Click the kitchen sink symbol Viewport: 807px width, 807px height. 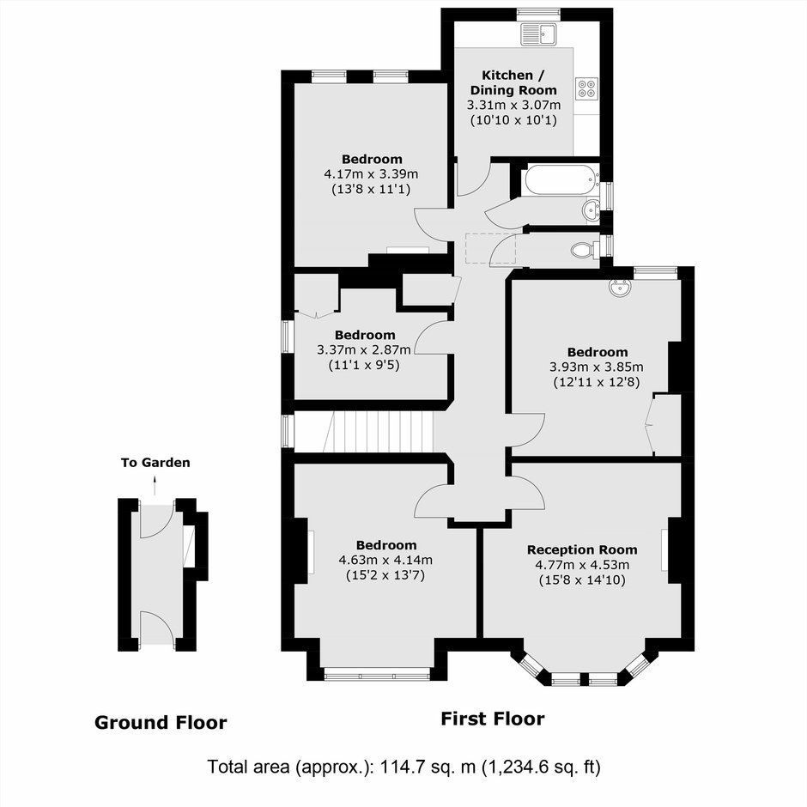tap(539, 34)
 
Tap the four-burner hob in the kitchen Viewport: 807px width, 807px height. tap(587, 88)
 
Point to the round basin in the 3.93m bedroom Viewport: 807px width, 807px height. tap(620, 288)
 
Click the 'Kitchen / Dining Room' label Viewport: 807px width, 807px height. tap(513, 83)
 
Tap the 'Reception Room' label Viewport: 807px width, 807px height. tap(582, 549)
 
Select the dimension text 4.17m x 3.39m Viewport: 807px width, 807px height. tap(371, 174)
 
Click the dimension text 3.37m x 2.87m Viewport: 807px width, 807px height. tap(364, 350)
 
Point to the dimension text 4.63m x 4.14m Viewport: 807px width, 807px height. tap(385, 560)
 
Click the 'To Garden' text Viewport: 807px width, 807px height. tap(155, 463)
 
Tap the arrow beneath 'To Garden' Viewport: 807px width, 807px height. tap(155, 485)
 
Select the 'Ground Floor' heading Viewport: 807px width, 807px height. tap(161, 723)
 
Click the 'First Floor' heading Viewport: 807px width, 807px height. tap(493, 719)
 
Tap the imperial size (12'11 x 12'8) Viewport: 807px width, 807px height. tap(597, 382)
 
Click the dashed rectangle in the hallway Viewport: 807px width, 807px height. tap(490, 248)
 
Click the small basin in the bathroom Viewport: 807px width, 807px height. tap(591, 209)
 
